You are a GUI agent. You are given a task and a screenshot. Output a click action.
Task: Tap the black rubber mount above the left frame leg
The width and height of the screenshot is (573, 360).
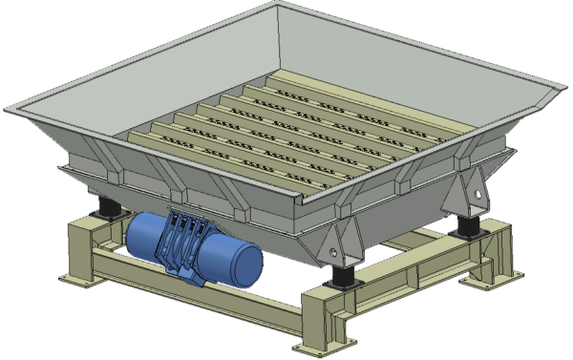click(x=102, y=207)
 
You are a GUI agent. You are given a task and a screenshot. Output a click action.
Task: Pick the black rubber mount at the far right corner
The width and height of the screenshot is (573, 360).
click(x=467, y=224)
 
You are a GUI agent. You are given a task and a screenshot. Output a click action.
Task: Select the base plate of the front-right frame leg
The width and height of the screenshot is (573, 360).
click(x=329, y=343)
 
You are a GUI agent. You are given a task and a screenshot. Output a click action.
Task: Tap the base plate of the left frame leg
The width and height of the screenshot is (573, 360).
click(x=81, y=278)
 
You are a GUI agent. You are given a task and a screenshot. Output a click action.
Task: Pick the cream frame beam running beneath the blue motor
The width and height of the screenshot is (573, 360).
click(x=191, y=286)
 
